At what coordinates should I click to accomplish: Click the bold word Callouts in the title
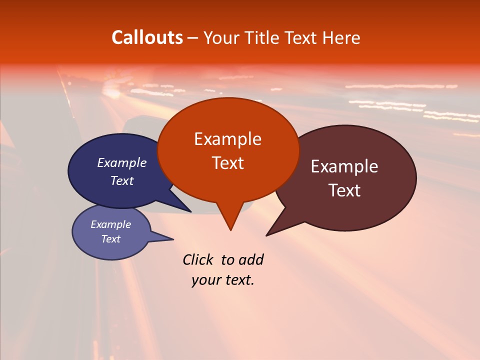coord(147,37)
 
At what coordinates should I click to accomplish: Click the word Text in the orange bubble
coord(227,163)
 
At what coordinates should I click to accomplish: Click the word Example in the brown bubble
coord(344,166)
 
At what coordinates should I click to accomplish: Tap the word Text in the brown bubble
coord(344,190)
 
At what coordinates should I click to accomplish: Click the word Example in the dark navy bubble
coord(122,162)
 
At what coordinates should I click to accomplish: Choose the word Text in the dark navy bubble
coord(122,180)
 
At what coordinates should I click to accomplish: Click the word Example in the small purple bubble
coord(111,224)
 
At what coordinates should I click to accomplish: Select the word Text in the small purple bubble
coord(111,239)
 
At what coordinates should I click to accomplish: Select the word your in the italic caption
coord(206,280)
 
